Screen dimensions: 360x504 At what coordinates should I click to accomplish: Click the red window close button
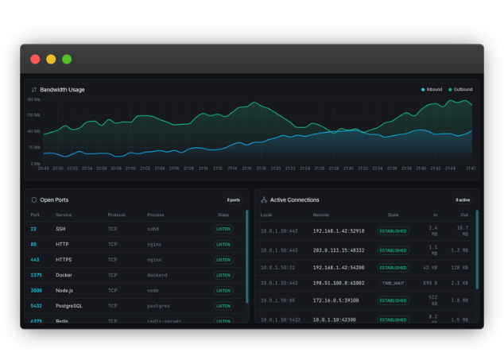(x=35, y=59)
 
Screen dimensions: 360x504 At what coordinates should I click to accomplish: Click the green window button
(x=67, y=59)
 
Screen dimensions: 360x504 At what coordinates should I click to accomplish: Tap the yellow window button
(x=51, y=59)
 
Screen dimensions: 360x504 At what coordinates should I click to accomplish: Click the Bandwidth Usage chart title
(x=62, y=90)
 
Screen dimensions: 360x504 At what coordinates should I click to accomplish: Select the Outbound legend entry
(x=460, y=90)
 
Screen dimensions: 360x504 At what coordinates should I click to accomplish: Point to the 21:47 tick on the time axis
(x=471, y=168)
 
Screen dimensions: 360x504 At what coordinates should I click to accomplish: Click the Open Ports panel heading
(x=54, y=200)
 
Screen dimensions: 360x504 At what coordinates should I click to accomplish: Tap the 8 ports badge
(x=233, y=200)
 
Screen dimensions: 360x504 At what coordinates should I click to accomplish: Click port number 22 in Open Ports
(x=33, y=229)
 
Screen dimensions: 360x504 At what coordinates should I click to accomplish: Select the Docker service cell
(x=64, y=275)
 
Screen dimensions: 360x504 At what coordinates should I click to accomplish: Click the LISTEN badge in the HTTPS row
(x=223, y=260)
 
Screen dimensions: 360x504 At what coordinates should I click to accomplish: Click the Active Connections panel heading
(x=294, y=200)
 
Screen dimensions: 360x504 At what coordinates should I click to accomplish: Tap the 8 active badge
(x=463, y=200)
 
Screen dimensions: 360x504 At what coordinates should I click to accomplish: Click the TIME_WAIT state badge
(x=393, y=283)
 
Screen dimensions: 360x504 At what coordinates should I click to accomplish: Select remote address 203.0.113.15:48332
(x=339, y=250)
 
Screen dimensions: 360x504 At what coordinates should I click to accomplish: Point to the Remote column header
(x=321, y=215)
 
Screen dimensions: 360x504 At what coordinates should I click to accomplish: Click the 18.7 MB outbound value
(x=463, y=230)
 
